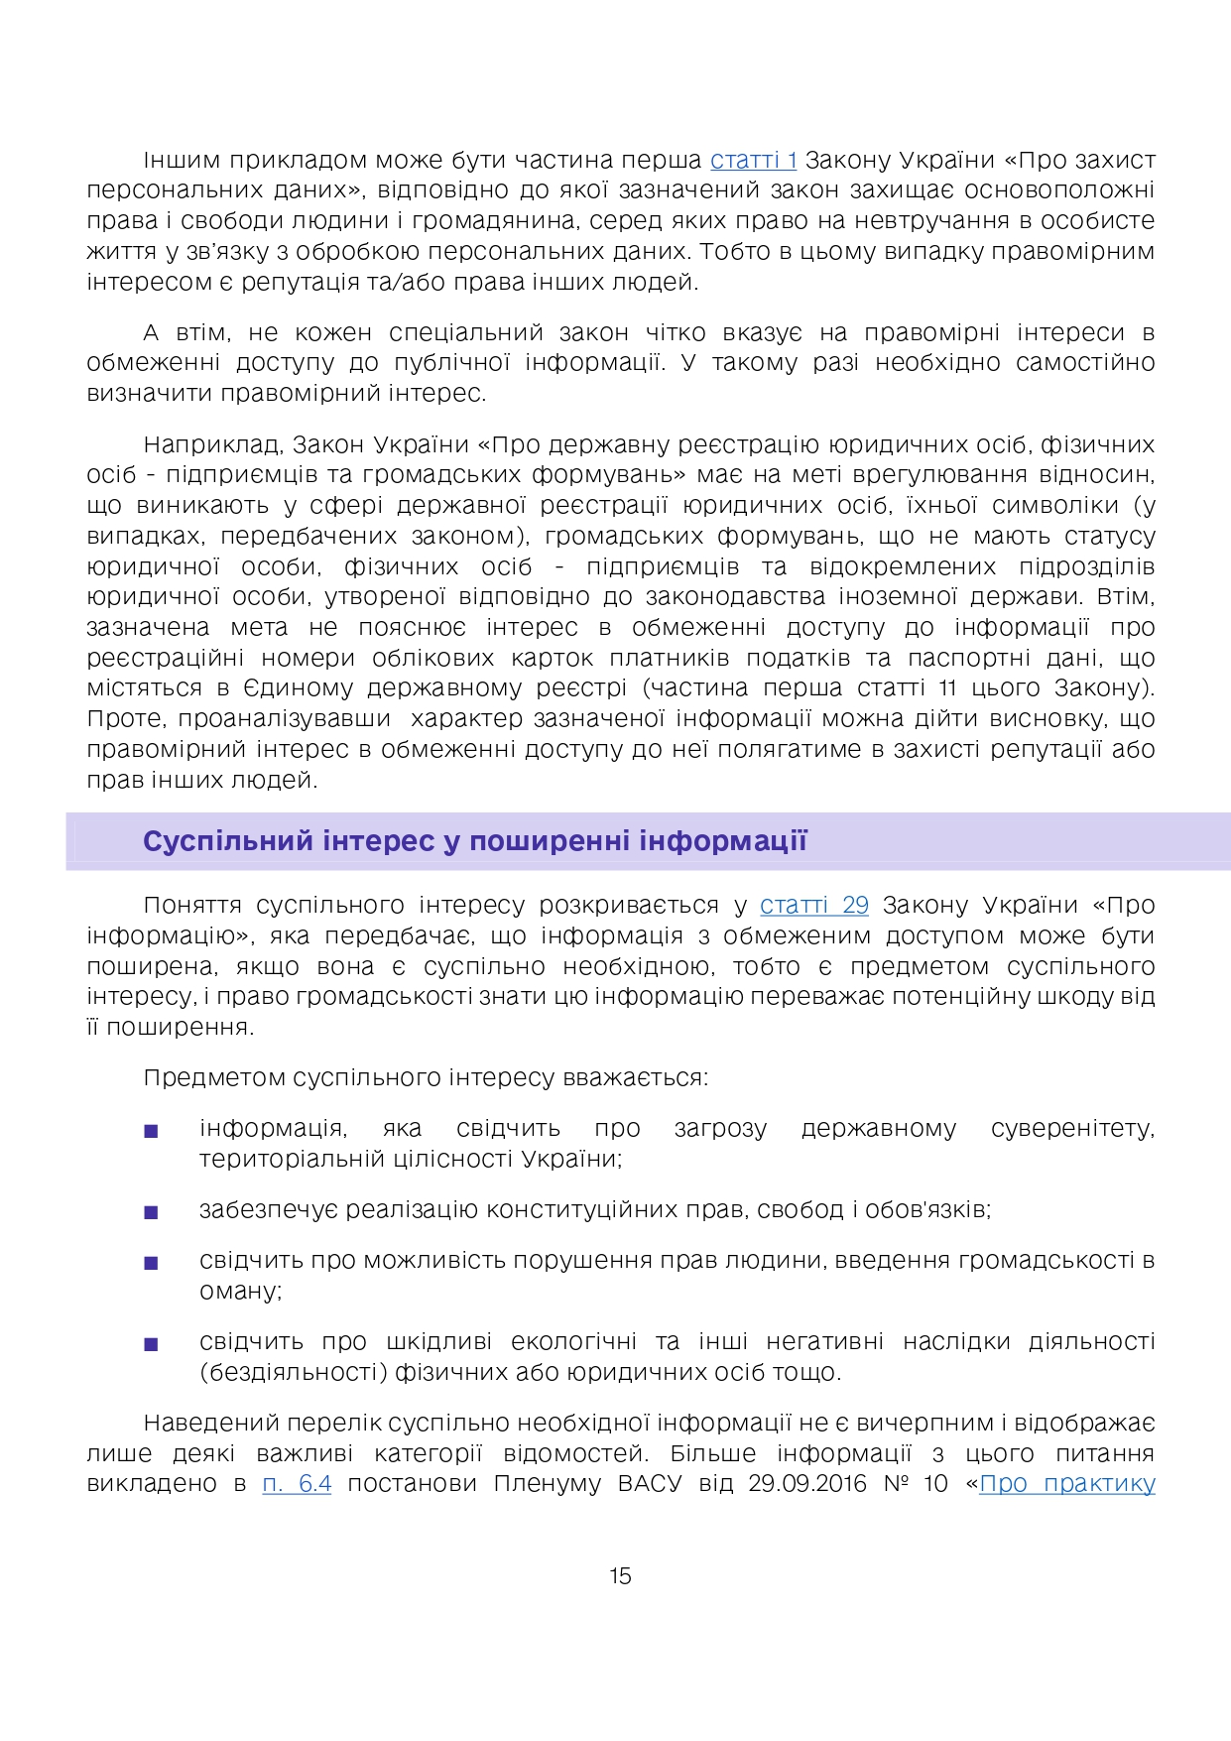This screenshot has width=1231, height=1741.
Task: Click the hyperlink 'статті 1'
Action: coord(753,160)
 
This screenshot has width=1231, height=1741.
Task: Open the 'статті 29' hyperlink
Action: coord(813,905)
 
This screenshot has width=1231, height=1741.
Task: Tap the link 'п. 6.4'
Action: coord(297,1483)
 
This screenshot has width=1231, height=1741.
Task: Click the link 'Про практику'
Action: coord(1066,1483)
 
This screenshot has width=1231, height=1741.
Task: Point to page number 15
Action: coord(620,1575)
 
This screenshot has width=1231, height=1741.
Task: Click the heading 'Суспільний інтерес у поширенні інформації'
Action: coord(474,841)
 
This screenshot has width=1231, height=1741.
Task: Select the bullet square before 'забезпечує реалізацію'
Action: coord(151,1211)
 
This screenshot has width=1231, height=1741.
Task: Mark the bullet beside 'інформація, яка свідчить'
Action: coord(151,1130)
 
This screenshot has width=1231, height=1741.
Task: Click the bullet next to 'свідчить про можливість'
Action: coord(151,1262)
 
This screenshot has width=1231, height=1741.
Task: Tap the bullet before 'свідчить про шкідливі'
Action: coord(151,1343)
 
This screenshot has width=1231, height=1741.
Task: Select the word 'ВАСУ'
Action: coord(650,1483)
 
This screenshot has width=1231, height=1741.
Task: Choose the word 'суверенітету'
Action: coord(1072,1129)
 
